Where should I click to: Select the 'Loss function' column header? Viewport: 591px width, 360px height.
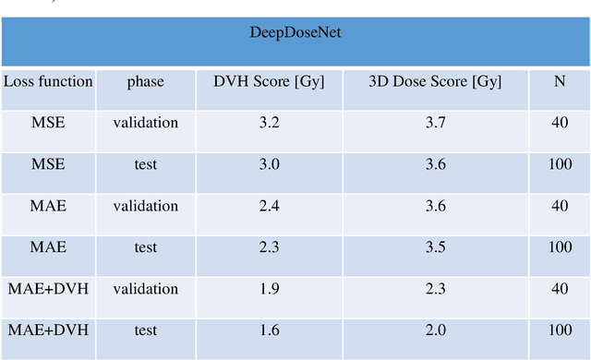(48, 81)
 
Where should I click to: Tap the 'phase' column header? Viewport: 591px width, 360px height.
(145, 81)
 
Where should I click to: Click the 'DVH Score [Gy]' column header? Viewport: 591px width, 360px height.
(269, 81)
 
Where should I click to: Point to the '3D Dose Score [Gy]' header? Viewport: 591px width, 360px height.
(434, 81)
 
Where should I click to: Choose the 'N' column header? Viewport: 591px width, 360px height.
(559, 81)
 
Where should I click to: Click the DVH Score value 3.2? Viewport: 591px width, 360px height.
(269, 123)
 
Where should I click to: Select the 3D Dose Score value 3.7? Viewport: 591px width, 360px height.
(434, 123)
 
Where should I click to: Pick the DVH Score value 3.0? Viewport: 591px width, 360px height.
(269, 164)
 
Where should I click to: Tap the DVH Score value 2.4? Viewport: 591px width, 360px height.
(269, 206)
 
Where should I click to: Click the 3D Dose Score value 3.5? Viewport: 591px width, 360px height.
(434, 247)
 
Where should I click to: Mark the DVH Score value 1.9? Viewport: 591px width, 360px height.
(269, 289)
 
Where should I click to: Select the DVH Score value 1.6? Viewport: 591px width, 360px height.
(269, 330)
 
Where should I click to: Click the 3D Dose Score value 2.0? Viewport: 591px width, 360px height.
(434, 330)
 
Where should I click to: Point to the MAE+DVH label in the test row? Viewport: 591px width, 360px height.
(48, 330)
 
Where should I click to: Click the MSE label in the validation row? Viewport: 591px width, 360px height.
(48, 123)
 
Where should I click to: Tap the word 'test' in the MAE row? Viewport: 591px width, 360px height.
(145, 247)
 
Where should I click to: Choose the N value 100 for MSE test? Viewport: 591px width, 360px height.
(559, 164)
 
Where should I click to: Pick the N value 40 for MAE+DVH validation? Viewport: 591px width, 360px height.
(559, 289)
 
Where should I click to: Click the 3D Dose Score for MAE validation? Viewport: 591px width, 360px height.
(434, 206)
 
